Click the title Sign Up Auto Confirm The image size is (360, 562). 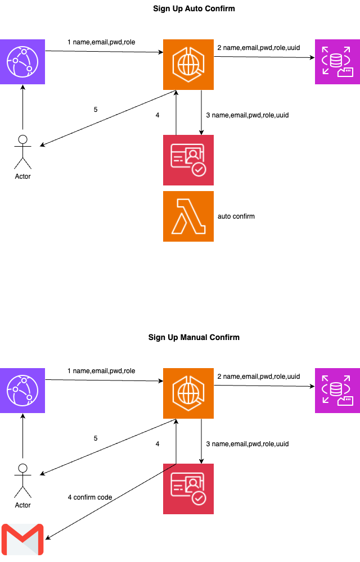(194, 9)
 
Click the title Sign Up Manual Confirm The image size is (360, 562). (194, 338)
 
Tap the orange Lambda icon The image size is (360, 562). (188, 216)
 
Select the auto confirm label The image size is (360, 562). (236, 216)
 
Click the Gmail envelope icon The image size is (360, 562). (22, 540)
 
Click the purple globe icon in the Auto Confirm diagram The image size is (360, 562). (22, 62)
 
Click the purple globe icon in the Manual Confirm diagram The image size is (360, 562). (22, 391)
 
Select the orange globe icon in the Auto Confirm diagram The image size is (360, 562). (188, 65)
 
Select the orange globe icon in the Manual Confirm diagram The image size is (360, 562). (188, 393)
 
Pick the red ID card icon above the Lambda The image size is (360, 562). (188, 160)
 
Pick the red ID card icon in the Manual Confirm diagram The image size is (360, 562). (188, 489)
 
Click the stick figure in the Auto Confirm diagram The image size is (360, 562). (22, 152)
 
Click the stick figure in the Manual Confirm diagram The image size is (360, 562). (22, 481)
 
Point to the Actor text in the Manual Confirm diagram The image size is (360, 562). (22, 505)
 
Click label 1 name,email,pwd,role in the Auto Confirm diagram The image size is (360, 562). (101, 42)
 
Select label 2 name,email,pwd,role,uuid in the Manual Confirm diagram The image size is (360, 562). (259, 377)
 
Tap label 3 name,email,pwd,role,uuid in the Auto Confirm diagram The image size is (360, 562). (247, 115)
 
